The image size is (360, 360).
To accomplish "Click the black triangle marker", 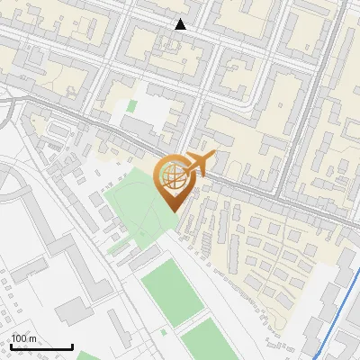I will [x=181, y=24].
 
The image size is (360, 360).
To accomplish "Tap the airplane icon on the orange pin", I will [x=201, y=162].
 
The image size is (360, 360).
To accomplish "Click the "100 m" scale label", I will [x=23, y=337].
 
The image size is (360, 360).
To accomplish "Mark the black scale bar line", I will [x=41, y=346].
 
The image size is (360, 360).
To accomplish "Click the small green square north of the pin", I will [x=131, y=106].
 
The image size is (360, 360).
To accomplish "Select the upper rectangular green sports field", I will [x=173, y=292].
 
